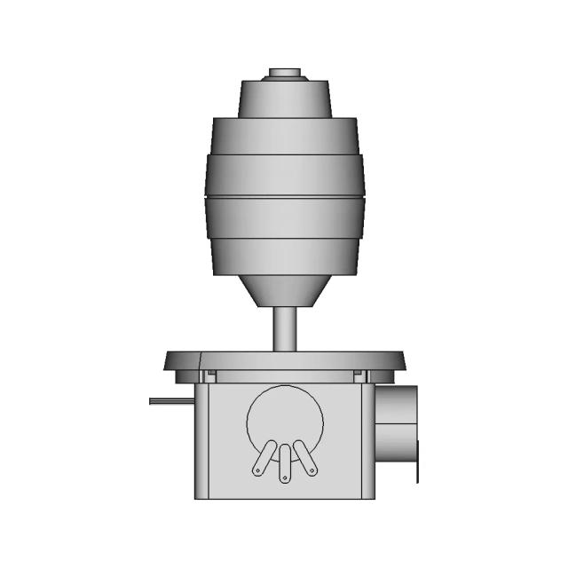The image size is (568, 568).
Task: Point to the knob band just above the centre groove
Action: point(284,175)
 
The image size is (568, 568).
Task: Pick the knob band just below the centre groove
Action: point(284,217)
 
